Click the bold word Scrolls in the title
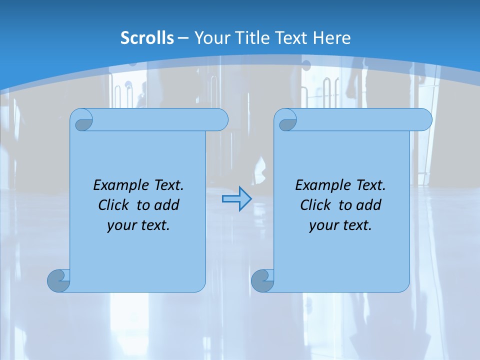pos(147,37)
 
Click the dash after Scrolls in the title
pos(183,38)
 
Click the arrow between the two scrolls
pos(236,199)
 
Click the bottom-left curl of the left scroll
pos(58,280)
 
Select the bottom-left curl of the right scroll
pos(262,280)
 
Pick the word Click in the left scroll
pos(114,205)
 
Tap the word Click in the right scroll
pos(316,205)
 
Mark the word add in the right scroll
pos(368,205)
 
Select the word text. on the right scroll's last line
pos(357,225)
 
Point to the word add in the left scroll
pos(166,205)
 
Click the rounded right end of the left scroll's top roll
pos(220,119)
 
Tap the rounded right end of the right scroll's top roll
pos(424,119)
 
